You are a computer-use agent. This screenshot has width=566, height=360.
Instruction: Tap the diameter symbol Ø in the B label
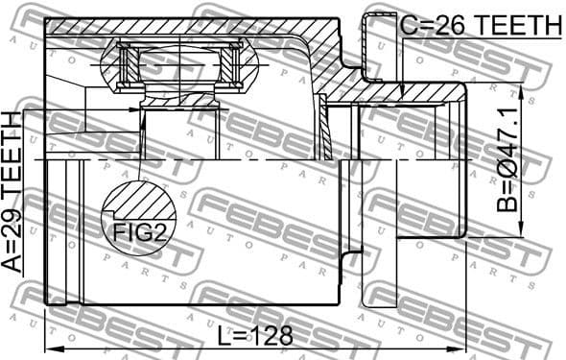point(507,162)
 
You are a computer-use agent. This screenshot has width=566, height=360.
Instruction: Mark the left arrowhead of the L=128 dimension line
point(51,347)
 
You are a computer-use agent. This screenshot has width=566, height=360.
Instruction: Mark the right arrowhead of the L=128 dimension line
point(462,347)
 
